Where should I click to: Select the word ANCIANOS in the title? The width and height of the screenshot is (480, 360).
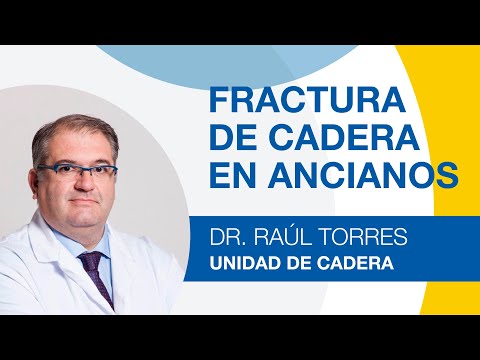377,174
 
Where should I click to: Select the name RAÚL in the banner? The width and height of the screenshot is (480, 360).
285,237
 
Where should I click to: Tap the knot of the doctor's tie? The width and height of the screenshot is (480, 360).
91,263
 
